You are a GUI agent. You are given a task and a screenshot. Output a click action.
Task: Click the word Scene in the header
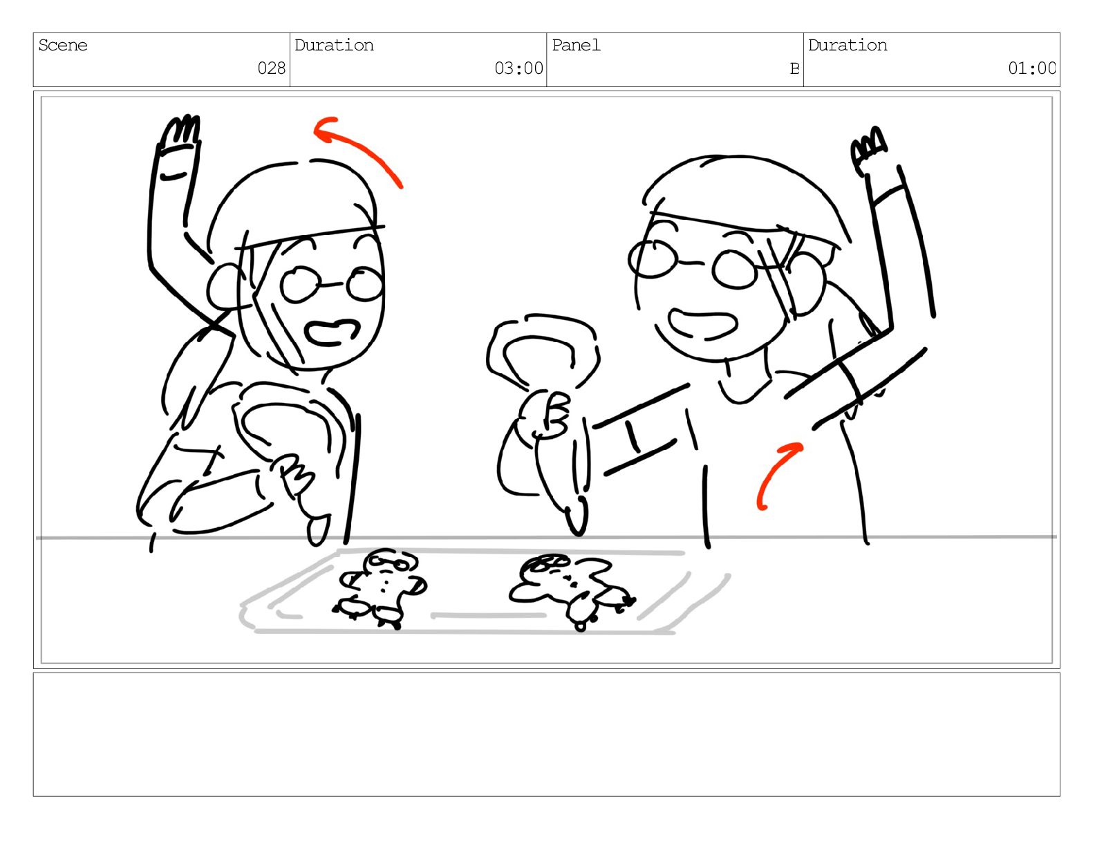click(x=62, y=46)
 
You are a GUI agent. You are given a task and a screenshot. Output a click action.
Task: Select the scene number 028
click(x=271, y=68)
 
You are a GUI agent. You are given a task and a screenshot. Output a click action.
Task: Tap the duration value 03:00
click(x=518, y=68)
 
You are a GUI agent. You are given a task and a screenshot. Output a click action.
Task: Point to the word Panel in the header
click(x=576, y=46)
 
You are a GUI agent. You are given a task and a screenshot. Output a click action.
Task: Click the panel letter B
click(x=795, y=68)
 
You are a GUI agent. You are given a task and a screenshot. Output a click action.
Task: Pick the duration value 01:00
click(x=1031, y=68)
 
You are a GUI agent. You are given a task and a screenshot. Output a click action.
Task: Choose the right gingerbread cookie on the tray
click(x=572, y=590)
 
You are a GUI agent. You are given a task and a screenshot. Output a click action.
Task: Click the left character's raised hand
click(x=180, y=131)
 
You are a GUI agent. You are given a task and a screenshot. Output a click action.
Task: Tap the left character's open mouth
click(x=333, y=332)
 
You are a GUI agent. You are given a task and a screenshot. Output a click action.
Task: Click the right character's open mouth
click(x=702, y=324)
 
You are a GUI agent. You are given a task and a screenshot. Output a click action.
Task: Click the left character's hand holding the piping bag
click(x=294, y=473)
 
